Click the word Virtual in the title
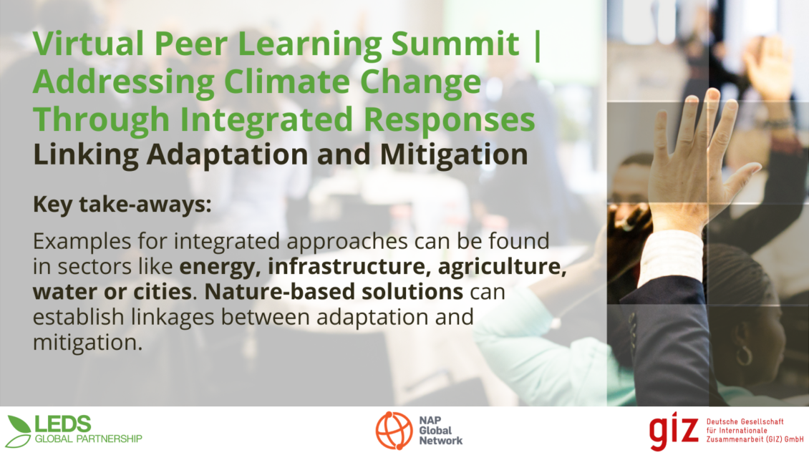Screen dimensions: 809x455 click(x=88, y=44)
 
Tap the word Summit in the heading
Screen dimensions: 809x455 click(x=455, y=44)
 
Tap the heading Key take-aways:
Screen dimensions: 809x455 click(x=122, y=205)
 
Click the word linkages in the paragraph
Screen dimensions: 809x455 click(x=173, y=318)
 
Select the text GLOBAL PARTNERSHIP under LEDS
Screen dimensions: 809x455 click(x=88, y=439)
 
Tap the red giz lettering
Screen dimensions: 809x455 click(x=674, y=431)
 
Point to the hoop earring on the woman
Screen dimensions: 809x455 click(x=743, y=355)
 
